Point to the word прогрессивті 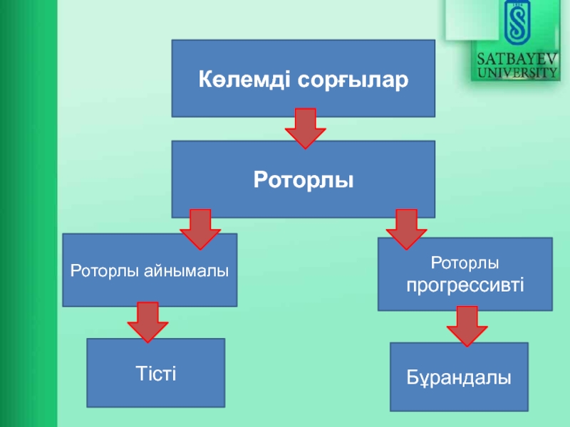[x=465, y=286]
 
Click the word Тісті [x=155, y=373]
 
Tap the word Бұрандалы [x=460, y=377]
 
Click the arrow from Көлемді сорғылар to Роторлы [x=305, y=128]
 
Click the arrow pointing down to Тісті [x=147, y=322]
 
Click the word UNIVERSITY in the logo [x=517, y=71]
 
